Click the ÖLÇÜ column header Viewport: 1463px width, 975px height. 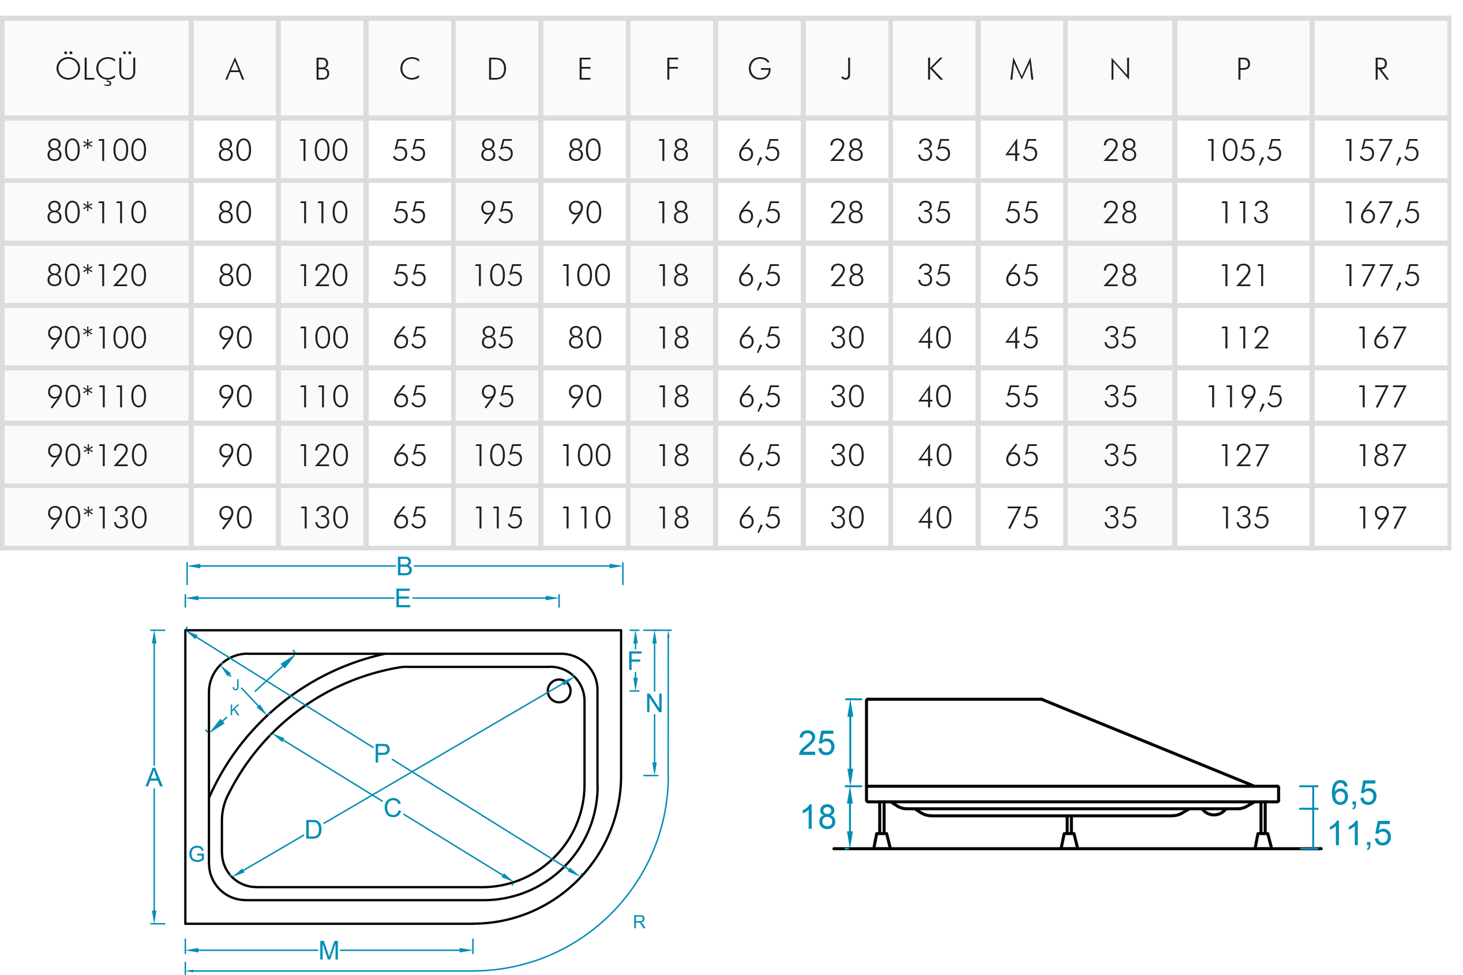point(96,69)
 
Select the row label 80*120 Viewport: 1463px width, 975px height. point(96,275)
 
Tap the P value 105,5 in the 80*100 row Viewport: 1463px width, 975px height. point(1243,151)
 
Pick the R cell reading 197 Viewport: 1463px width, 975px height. point(1381,518)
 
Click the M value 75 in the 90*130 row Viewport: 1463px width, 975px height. point(1022,518)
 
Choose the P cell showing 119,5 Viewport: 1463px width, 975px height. point(1243,397)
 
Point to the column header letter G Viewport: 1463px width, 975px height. point(759,69)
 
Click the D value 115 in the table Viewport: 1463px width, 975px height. point(497,518)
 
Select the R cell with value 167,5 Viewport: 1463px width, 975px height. point(1381,213)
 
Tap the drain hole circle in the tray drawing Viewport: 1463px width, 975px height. point(558,690)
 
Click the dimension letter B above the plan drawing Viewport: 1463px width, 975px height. point(404,567)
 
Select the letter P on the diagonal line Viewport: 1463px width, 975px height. point(382,753)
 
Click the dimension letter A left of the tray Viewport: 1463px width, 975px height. point(153,777)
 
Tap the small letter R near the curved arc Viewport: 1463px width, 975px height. point(639,922)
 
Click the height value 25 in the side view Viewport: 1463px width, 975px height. point(816,743)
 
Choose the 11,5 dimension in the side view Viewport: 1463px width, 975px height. point(1359,834)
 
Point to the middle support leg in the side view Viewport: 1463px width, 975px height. point(1069,833)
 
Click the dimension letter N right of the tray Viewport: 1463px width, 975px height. point(654,703)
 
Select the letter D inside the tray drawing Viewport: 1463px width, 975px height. point(313,830)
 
